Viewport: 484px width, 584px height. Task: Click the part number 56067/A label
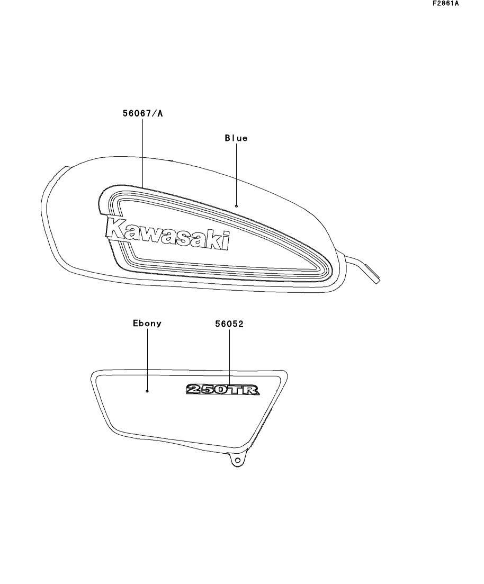142,113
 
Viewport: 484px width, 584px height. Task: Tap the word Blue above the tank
236,138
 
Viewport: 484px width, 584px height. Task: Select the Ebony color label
147,324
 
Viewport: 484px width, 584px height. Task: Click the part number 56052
229,324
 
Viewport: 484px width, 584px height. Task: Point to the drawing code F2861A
446,4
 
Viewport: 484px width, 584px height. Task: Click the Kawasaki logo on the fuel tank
167,234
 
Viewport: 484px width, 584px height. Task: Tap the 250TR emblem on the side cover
222,390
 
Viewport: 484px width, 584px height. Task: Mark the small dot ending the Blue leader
236,206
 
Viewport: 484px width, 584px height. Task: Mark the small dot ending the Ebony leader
147,391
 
